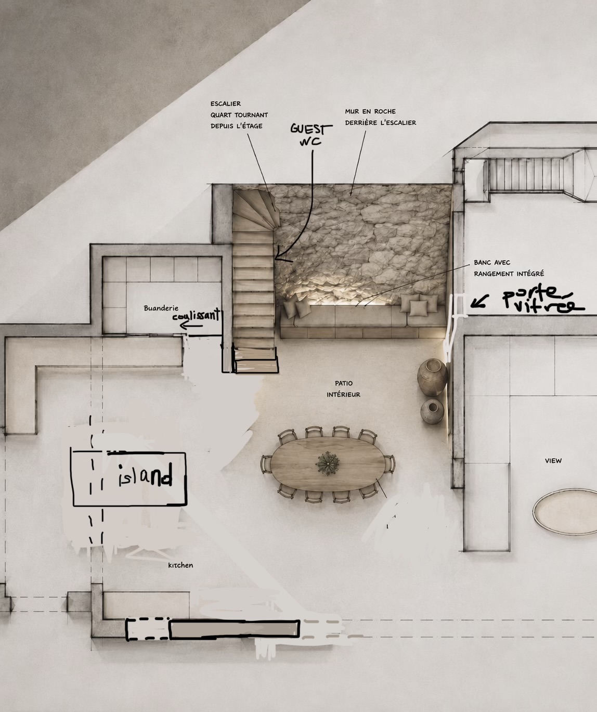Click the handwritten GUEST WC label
click(x=311, y=135)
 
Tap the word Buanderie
click(x=161, y=308)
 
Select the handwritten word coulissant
click(x=196, y=315)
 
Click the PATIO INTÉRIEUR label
click(x=343, y=389)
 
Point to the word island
click(x=145, y=476)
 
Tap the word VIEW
click(x=553, y=461)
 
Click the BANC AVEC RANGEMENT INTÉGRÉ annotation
click(x=509, y=268)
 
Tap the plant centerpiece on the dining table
click(x=328, y=463)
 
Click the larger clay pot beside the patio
click(x=432, y=378)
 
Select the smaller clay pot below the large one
click(x=432, y=411)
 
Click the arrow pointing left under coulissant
click(x=191, y=326)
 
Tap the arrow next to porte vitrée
click(x=479, y=302)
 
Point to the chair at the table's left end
click(x=266, y=464)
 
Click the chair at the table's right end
click(x=390, y=464)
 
